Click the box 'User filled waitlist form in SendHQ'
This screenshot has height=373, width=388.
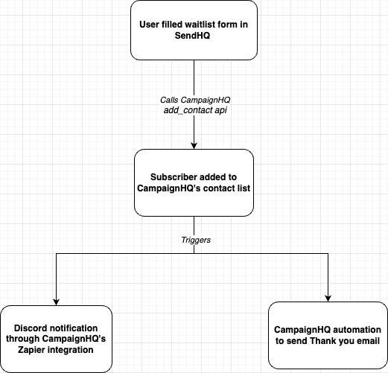(194, 31)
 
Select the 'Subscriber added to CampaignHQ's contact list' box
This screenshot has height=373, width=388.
(194, 182)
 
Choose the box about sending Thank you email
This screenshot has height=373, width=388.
(328, 335)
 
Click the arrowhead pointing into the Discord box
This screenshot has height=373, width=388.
(57, 301)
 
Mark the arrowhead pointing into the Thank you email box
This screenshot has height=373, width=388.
(328, 297)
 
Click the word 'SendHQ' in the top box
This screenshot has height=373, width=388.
(194, 37)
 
